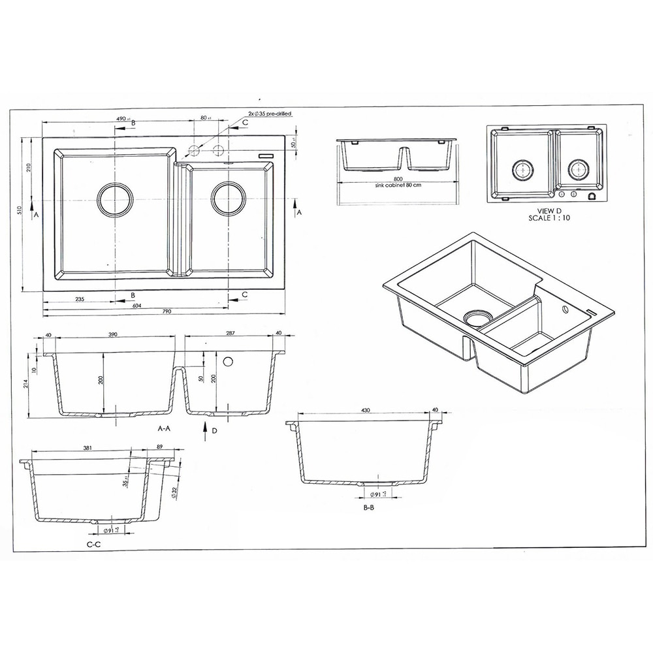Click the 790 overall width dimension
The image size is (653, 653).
coord(167,311)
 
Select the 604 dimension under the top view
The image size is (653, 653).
coord(137,306)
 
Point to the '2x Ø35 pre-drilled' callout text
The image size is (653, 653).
coord(269,114)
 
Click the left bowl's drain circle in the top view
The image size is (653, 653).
coord(115,197)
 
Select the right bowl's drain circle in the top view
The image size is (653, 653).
coord(228,196)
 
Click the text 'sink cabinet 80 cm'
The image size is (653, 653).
coord(398,185)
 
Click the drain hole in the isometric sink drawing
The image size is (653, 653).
coord(479,317)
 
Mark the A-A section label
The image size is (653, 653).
coord(164,429)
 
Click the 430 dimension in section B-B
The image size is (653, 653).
coord(365,410)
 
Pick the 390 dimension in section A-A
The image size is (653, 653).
coord(112,334)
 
